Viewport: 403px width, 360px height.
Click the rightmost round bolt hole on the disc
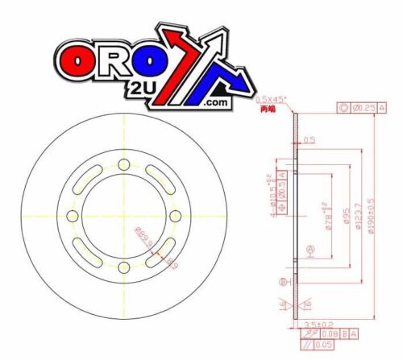(175, 217)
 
